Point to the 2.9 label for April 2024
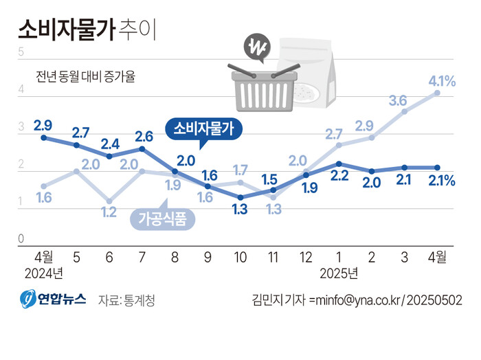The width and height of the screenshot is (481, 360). [43, 126]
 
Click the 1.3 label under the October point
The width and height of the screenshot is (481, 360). [240, 210]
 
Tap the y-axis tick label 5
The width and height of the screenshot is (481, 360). [21, 52]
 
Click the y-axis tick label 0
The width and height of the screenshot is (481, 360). [21, 238]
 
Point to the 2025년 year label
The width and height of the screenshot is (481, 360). [339, 273]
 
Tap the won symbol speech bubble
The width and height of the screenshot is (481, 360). [258, 49]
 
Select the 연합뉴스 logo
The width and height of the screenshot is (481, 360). [52, 300]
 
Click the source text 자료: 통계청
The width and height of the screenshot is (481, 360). [126, 300]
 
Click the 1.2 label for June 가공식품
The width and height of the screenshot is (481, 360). [109, 212]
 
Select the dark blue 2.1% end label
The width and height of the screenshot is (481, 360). [442, 181]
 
